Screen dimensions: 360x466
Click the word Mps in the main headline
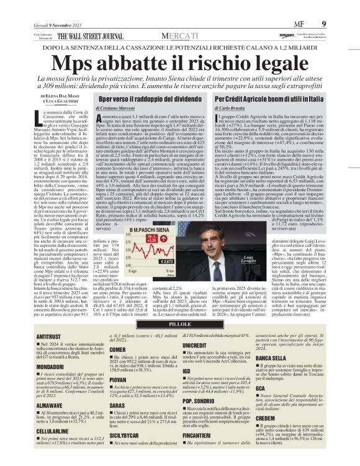coord(79,64)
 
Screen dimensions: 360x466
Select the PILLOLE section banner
coord(179,323)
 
